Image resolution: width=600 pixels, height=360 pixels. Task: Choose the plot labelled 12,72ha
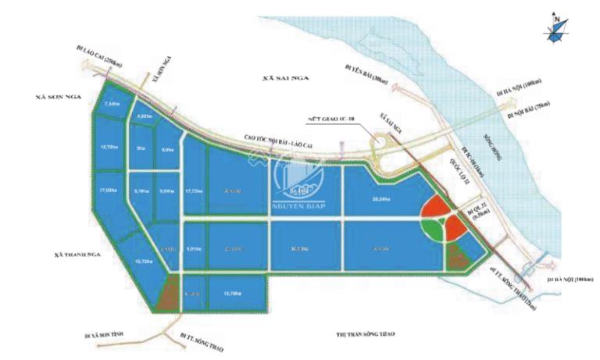(x=108, y=145)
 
